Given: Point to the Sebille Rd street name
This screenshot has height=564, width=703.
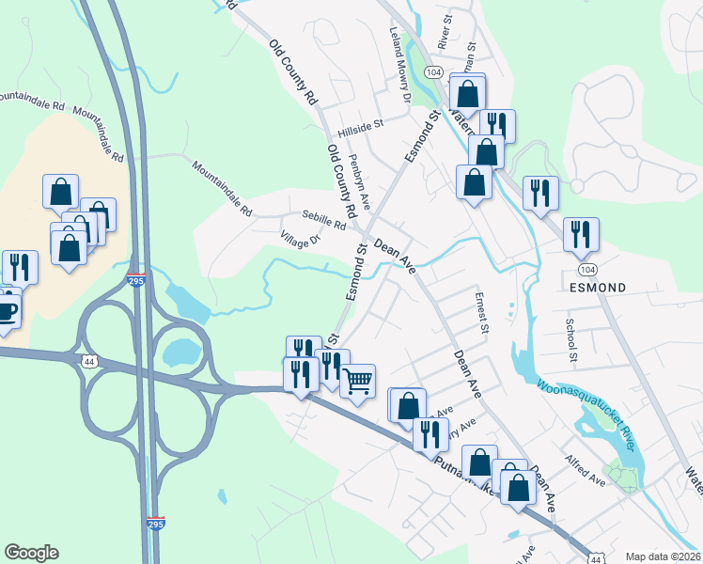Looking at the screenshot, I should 324,220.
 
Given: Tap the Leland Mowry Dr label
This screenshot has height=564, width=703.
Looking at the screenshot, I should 401,65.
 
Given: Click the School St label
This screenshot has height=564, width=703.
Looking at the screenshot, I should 570,339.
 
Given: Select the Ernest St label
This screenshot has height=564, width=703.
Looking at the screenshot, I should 484,314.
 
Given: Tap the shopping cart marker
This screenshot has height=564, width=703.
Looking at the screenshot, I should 357,382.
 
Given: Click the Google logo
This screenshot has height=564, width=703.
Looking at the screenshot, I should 31,553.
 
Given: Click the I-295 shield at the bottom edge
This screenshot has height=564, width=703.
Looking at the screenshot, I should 157,523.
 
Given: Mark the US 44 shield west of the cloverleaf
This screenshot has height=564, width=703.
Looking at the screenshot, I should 89,361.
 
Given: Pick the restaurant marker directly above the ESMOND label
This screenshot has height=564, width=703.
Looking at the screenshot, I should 581,233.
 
